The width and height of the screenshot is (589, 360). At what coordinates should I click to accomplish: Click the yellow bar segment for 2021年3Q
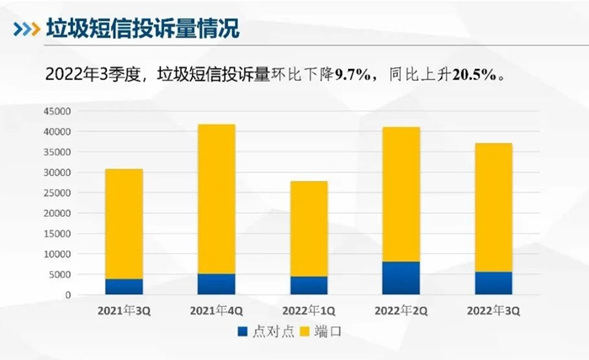tap(124, 224)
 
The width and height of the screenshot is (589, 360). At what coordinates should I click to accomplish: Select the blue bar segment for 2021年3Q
tap(124, 287)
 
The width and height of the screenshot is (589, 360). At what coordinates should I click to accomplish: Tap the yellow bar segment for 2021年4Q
tap(216, 199)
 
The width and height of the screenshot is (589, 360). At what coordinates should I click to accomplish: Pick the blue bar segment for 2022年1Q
tap(309, 285)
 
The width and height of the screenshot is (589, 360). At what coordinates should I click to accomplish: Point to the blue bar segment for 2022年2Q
tap(401, 278)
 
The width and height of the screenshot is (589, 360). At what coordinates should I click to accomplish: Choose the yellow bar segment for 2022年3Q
tap(493, 207)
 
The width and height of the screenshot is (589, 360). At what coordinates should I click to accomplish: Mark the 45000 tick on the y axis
tap(56, 111)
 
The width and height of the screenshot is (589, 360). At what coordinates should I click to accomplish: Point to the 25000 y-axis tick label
tap(56, 193)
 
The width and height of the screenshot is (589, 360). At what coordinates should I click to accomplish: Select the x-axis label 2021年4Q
tap(216, 310)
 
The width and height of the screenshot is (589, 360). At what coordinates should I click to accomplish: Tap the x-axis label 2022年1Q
tap(309, 310)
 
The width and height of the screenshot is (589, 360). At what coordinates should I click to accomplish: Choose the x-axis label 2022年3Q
tap(493, 310)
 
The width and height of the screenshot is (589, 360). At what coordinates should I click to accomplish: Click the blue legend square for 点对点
tap(244, 331)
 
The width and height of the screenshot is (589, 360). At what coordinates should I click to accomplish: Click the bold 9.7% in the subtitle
tap(354, 75)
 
